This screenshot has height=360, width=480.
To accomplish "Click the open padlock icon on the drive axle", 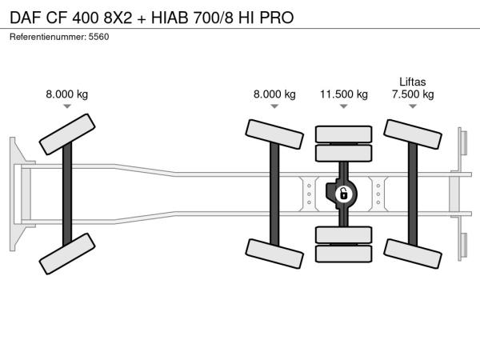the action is click(x=343, y=194).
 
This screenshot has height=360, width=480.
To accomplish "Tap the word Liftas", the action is click(x=412, y=82).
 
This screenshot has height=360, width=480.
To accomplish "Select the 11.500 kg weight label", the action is click(x=344, y=94).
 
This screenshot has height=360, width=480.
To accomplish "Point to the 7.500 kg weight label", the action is click(x=413, y=94).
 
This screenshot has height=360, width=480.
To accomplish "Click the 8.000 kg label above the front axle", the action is click(x=66, y=94).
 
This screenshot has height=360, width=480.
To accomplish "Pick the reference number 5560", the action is click(x=98, y=37).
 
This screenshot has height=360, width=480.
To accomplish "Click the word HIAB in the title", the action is click(x=170, y=18).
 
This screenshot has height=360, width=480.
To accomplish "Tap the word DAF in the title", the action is click(x=26, y=18).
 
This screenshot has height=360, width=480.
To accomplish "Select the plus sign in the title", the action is click(x=142, y=19).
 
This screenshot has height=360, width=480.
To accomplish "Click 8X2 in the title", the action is click(x=118, y=18).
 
